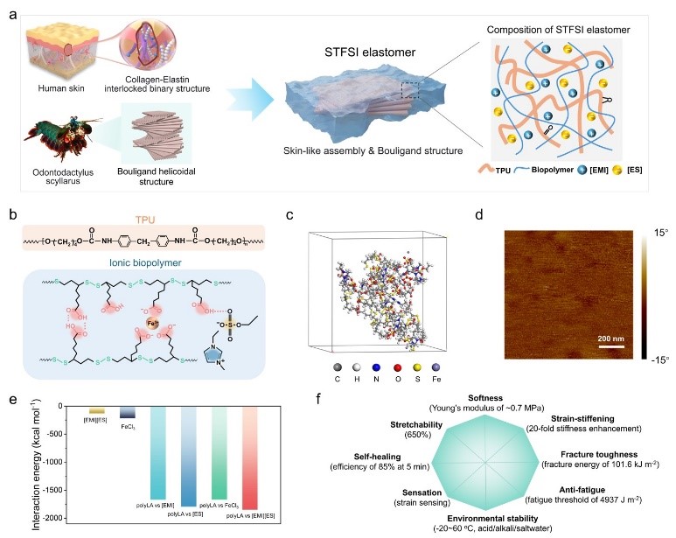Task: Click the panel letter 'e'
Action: click(x=11, y=397)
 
